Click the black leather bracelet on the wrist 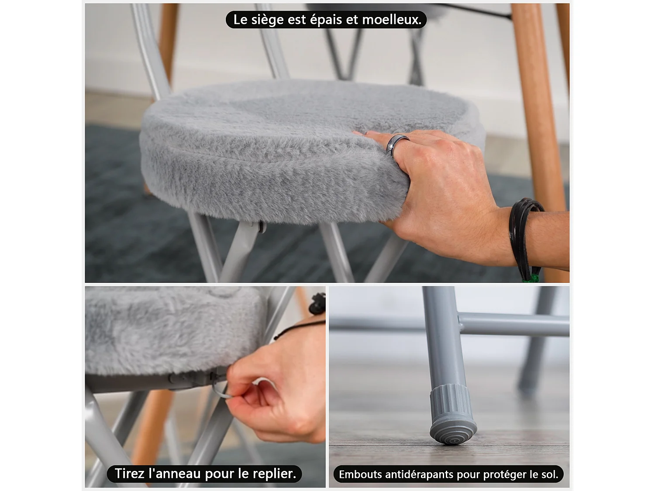point(522,231)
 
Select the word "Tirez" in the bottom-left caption point(130,474)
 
